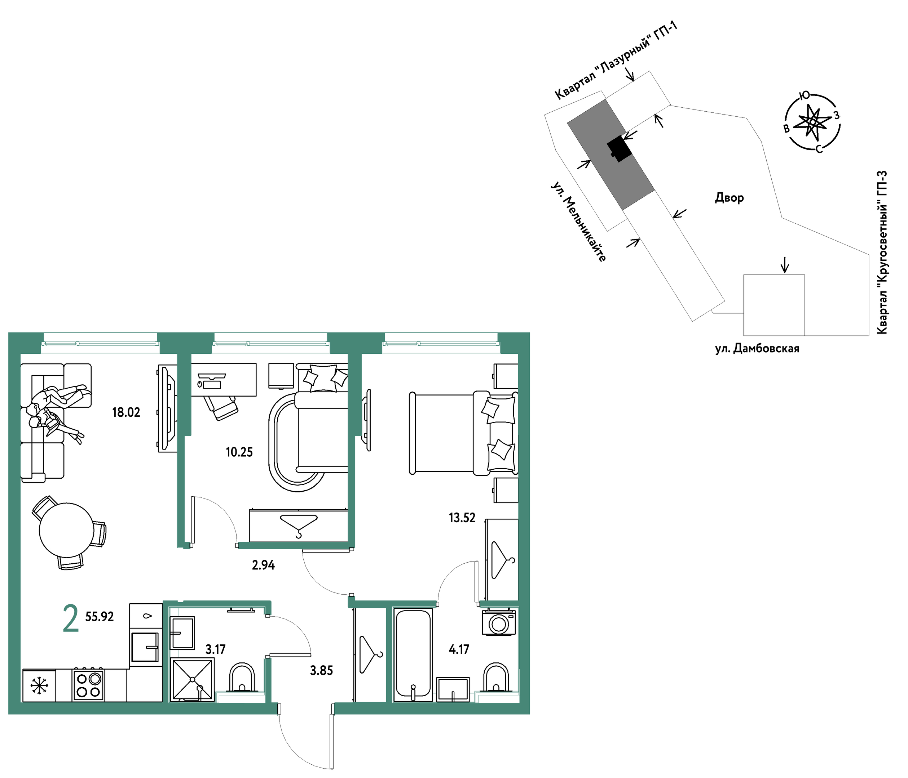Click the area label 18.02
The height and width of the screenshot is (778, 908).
coord(126,412)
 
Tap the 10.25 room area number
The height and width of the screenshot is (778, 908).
coord(239,452)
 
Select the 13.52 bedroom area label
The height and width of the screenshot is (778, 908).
coord(462,518)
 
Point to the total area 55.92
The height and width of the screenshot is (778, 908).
coord(100,617)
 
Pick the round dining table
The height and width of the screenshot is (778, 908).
coord(67,530)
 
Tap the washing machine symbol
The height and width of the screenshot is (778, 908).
coord(499,622)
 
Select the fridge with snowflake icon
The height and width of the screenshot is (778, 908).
coord(39,686)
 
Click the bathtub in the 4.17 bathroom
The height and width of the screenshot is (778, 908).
coord(413,654)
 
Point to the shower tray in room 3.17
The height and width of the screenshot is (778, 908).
coord(192,680)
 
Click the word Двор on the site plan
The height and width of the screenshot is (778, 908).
coord(730,198)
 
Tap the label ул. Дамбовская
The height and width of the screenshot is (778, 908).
coord(757,349)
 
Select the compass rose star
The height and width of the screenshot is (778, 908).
coord(812,122)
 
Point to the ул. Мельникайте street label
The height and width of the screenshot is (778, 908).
coord(578,222)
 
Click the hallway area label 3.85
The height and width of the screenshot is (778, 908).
coord(322,671)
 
